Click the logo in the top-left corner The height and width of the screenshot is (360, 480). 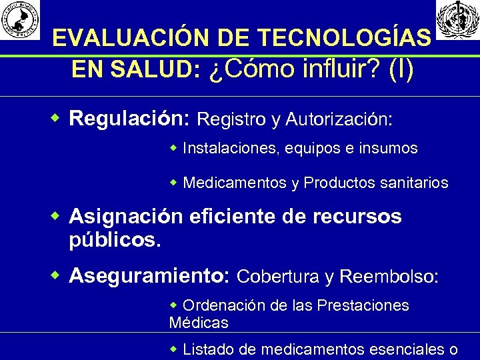click(x=20, y=19)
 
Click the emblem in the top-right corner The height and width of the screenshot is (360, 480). click(x=457, y=19)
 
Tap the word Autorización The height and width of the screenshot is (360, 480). click(x=339, y=120)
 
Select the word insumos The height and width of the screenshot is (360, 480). click(x=390, y=148)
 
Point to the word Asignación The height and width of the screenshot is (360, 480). click(x=126, y=217)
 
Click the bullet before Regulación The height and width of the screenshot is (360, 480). click(x=57, y=119)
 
